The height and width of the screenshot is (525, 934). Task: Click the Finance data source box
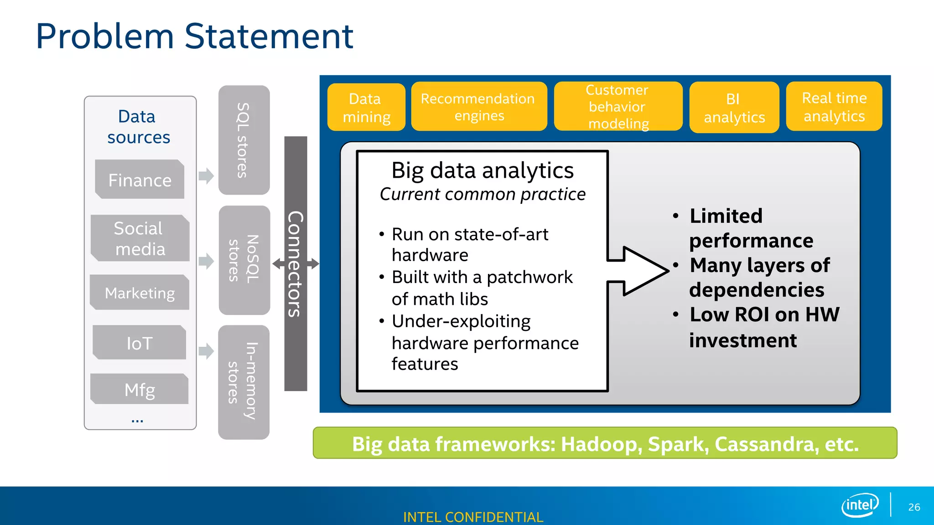point(140,180)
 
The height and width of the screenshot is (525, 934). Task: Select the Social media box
point(140,238)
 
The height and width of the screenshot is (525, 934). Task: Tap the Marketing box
point(140,293)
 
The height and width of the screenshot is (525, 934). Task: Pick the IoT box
point(140,343)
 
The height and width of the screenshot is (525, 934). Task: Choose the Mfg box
point(140,390)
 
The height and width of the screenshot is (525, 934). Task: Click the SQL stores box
point(244,140)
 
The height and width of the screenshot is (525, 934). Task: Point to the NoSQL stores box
point(244,260)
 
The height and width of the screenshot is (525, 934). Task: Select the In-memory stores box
point(244,382)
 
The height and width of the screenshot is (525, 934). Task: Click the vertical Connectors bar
point(296,263)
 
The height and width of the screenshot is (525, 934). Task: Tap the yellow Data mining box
point(366,108)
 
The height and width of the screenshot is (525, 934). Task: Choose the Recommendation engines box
point(478,107)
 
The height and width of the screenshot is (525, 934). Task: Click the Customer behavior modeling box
point(617,107)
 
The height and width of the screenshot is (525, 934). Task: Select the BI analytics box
point(734,108)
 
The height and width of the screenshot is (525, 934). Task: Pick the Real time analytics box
point(834,107)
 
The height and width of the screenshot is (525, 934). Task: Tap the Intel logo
point(860,505)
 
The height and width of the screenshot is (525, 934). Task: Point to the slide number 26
point(914,507)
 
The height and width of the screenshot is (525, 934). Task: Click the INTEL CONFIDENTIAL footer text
point(473,517)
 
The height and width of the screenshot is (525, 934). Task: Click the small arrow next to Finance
point(206,175)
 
